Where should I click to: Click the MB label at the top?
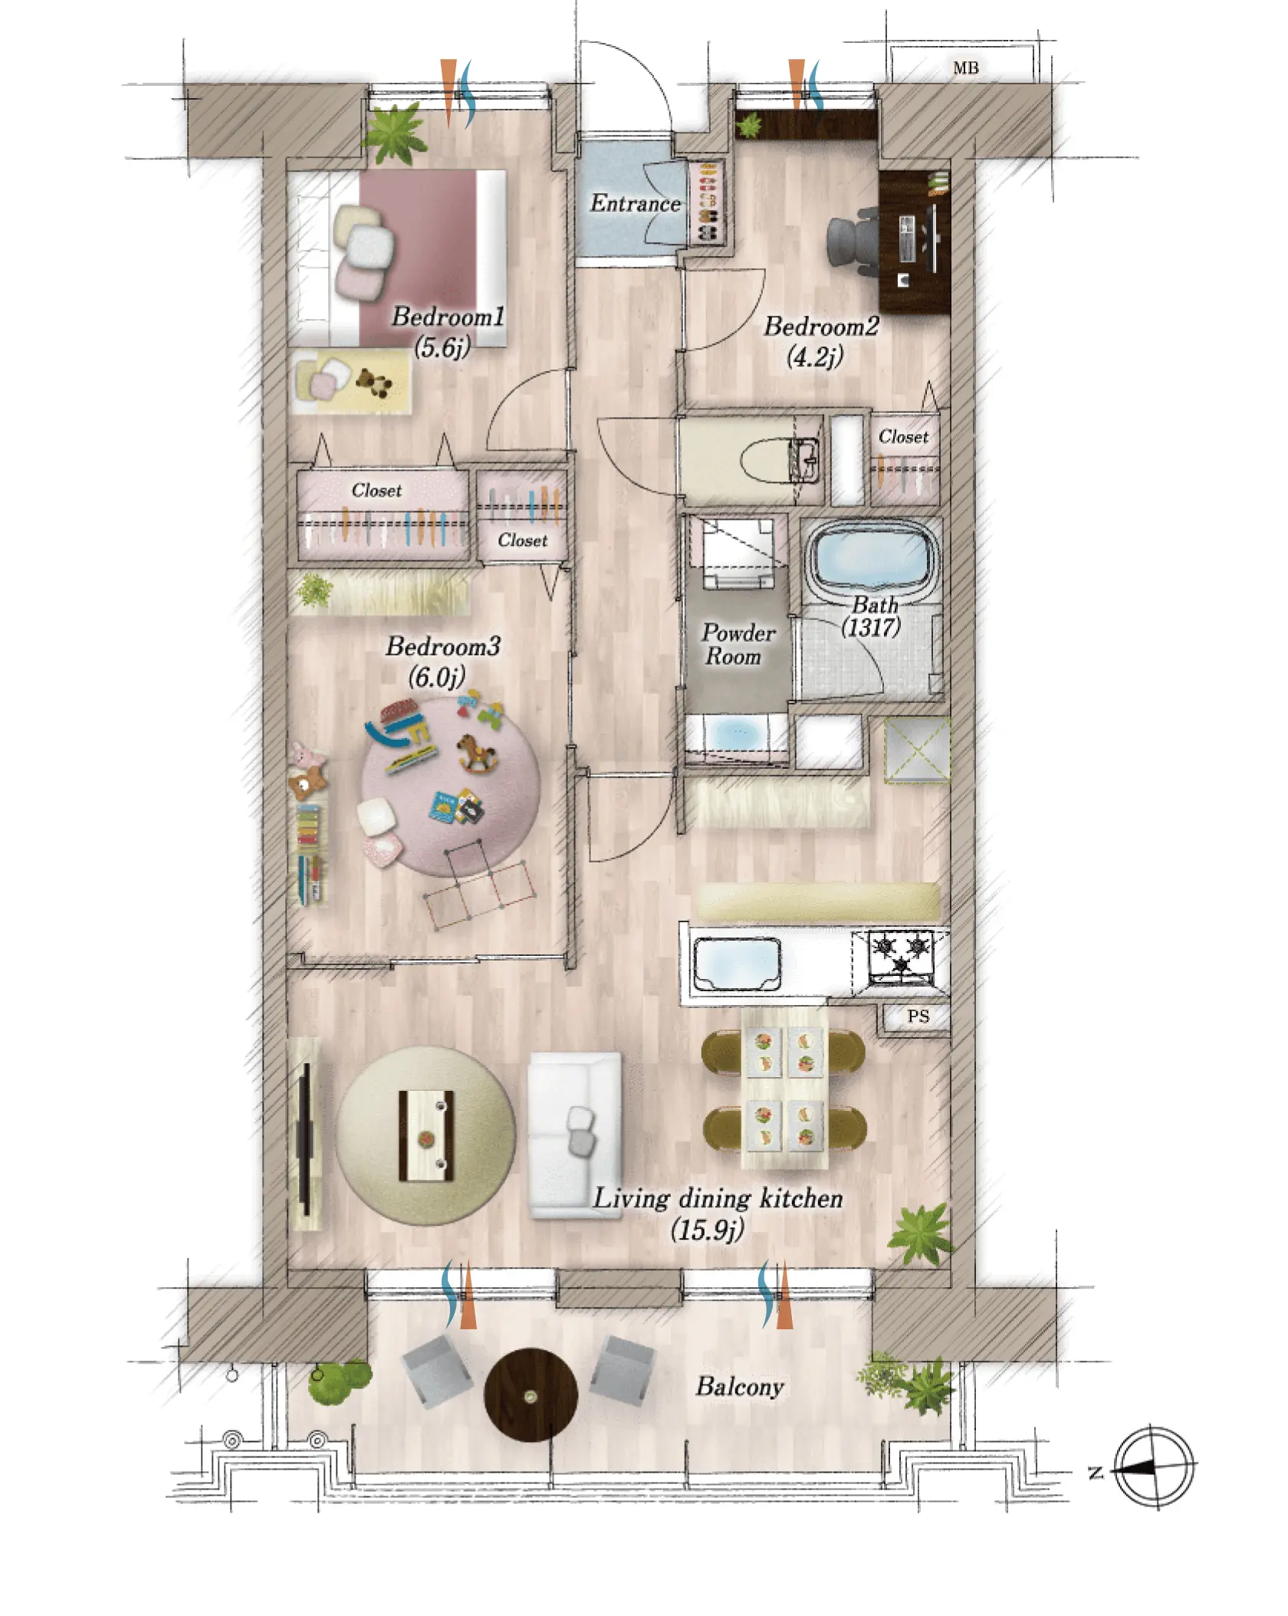[x=965, y=68]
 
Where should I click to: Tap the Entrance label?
[x=635, y=203]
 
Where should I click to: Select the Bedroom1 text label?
[x=448, y=317]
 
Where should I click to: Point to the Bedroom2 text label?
[x=821, y=327]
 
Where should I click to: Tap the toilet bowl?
[x=778, y=459]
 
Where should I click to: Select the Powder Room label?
[x=738, y=645]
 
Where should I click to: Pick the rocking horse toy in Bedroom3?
[x=476, y=751]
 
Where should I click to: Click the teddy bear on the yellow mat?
[x=374, y=382]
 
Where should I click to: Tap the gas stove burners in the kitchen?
[x=902, y=955]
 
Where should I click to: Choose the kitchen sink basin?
[x=737, y=963]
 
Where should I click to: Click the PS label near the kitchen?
[x=918, y=1017]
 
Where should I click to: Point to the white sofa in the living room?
[x=575, y=1134]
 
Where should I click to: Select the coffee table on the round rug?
[x=426, y=1135]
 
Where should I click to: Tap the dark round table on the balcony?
[x=531, y=1394]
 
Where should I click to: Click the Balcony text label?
[x=739, y=1387]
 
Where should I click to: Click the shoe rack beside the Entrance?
[x=708, y=202]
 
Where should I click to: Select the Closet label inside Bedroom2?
[x=903, y=436]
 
